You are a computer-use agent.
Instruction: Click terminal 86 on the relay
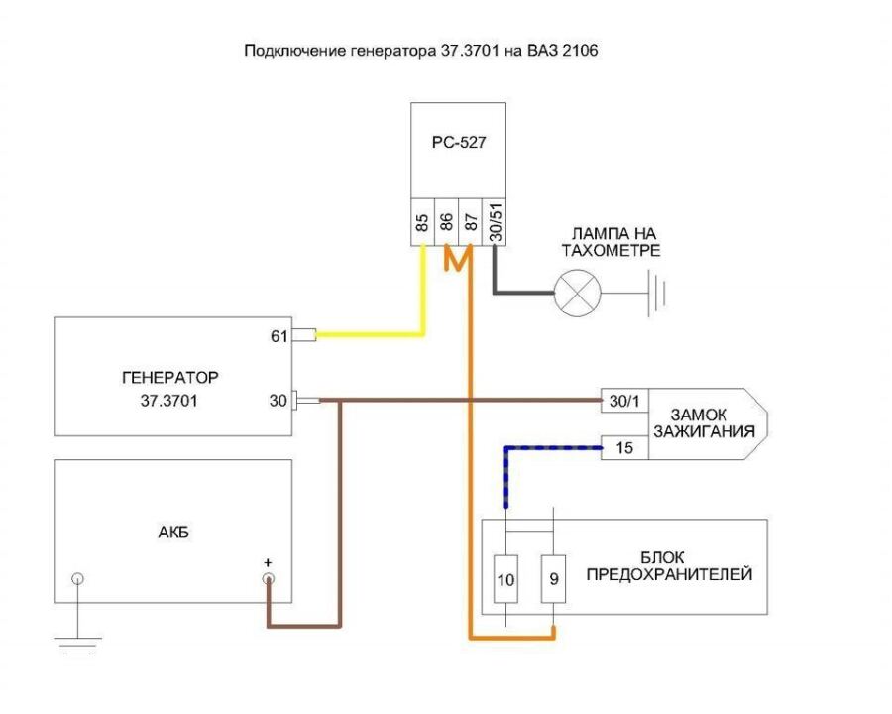447,221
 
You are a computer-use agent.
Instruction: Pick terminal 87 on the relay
470,221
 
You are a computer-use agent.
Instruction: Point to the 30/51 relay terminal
494,221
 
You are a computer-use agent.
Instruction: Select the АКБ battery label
172,532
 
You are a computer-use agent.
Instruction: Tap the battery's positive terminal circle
267,579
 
